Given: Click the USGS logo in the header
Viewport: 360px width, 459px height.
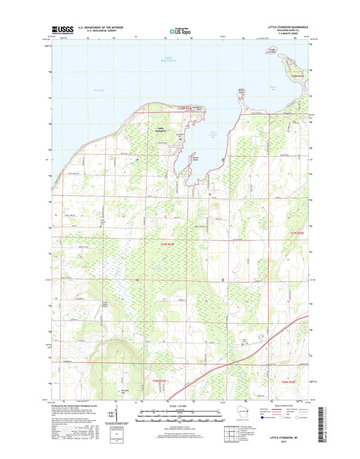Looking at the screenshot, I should click(63, 30).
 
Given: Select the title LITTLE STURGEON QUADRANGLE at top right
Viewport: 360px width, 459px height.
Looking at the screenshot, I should click(286, 27).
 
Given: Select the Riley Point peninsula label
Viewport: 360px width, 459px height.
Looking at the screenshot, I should click(241, 89).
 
